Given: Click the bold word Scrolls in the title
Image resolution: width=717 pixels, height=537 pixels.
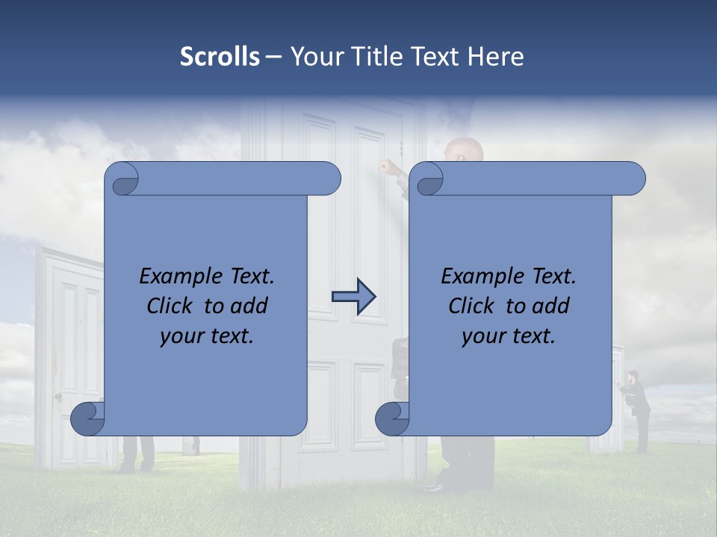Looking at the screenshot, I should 220,57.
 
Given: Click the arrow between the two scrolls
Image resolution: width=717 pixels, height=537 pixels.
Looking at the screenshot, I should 353,297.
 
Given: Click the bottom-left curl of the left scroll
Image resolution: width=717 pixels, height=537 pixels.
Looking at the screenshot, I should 88,418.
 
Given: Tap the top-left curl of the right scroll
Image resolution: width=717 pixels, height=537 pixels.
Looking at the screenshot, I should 428,179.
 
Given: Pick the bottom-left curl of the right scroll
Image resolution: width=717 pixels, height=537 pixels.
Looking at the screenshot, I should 392,418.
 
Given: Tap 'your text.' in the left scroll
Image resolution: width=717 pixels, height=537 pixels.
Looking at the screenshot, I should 207,336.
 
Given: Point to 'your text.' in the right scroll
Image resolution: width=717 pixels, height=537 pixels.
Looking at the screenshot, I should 509,336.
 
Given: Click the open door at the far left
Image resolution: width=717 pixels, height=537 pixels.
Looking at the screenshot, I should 71,351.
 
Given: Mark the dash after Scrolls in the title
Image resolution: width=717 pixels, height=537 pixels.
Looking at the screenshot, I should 274,57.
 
